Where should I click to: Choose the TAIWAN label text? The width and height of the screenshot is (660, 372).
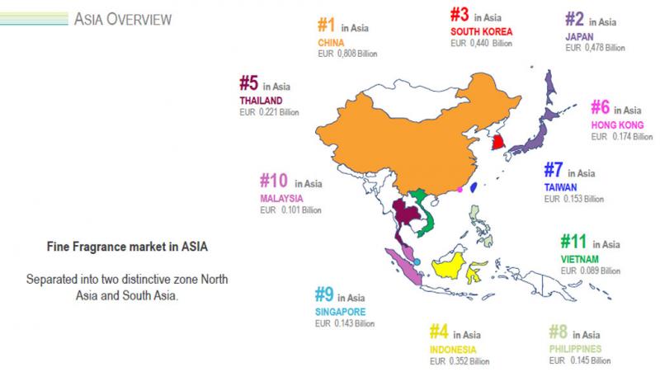(x=561, y=186)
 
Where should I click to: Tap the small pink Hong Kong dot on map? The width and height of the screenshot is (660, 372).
(x=460, y=189)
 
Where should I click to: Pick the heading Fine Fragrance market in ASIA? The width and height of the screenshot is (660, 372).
(x=127, y=246)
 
